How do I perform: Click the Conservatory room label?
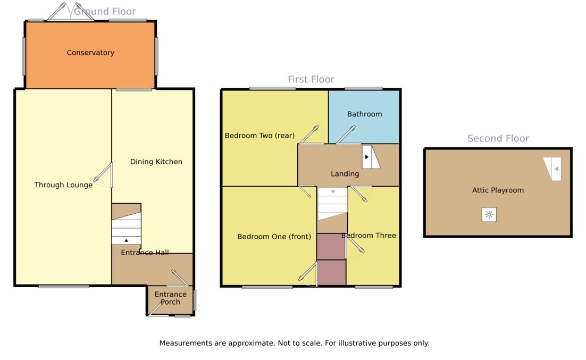(x=90, y=53)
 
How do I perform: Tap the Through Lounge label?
(x=63, y=185)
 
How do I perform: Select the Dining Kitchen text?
(x=156, y=162)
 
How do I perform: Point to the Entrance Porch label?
(x=170, y=298)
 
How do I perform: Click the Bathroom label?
(x=364, y=114)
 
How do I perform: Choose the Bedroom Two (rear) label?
(x=259, y=136)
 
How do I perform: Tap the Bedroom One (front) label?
(x=274, y=237)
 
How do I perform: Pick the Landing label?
(x=345, y=174)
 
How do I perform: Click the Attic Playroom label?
(x=498, y=190)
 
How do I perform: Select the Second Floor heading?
(x=498, y=138)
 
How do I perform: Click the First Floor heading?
(x=311, y=79)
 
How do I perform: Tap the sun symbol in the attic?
(x=489, y=215)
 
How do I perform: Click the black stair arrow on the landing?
(x=366, y=157)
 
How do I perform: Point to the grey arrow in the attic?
(x=556, y=169)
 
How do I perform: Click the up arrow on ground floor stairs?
(x=127, y=240)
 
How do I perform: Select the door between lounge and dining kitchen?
(x=103, y=175)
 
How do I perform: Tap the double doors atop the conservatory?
(x=71, y=12)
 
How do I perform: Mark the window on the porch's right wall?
(x=195, y=300)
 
